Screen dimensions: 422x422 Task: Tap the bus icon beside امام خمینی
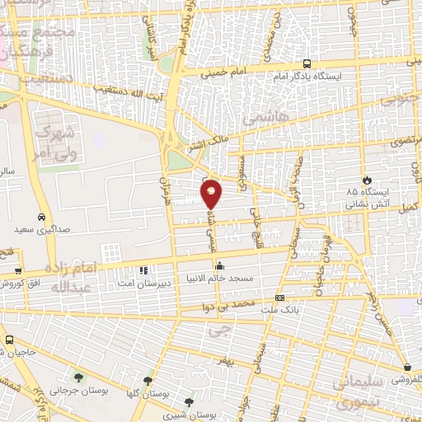pos(307,63)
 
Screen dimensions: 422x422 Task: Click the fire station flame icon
pos(367,179)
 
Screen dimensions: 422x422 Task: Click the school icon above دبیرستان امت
pos(143,269)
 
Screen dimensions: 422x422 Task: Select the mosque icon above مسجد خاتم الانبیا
pos(219,265)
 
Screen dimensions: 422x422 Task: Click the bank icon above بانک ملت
pos(279,298)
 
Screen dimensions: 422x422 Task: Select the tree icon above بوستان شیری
pos(190,403)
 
